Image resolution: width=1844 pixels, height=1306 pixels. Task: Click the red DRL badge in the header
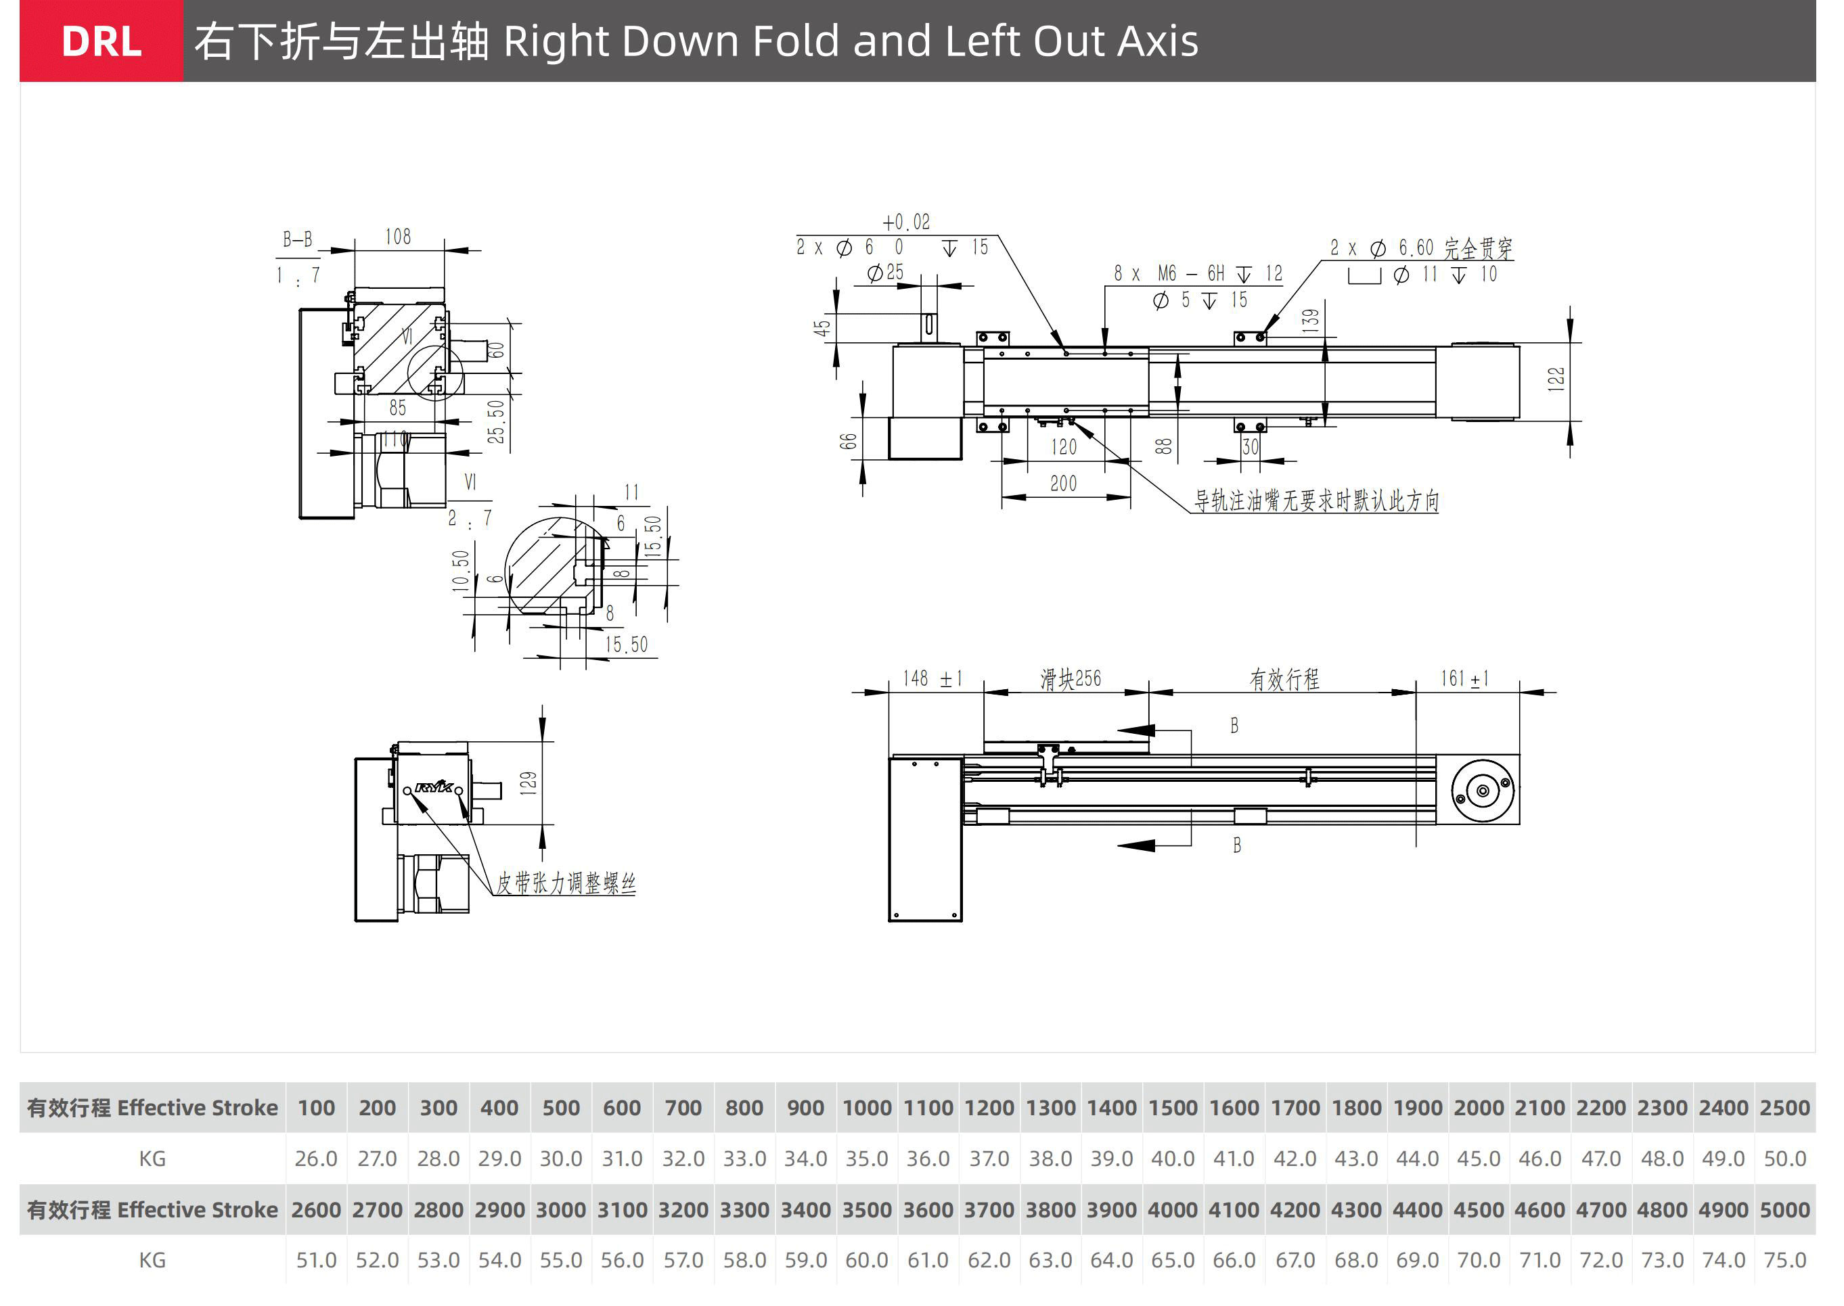[102, 41]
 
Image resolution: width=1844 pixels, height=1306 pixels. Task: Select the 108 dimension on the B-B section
[397, 237]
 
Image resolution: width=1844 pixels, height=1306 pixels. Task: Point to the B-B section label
[297, 239]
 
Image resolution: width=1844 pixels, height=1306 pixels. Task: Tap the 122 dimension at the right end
[1556, 379]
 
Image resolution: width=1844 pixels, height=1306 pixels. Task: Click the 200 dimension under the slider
[1063, 484]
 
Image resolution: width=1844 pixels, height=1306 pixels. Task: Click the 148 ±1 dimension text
[932, 679]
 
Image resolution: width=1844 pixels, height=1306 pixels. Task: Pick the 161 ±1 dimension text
[1464, 679]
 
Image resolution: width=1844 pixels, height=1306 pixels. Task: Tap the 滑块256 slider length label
[1070, 679]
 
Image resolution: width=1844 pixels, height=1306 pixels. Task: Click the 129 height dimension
[528, 783]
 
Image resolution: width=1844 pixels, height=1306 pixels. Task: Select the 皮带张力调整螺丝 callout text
[566, 883]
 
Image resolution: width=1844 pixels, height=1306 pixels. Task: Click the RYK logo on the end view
[434, 787]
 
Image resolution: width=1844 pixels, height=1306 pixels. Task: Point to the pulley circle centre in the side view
[1482, 791]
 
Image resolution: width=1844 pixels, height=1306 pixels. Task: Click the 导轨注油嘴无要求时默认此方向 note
[1316, 501]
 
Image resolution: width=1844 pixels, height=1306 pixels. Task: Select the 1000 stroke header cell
[866, 1107]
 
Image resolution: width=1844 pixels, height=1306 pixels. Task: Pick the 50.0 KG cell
[1784, 1158]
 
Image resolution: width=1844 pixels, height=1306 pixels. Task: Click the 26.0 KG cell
[315, 1158]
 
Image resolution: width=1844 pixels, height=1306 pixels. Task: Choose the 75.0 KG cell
[1784, 1259]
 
